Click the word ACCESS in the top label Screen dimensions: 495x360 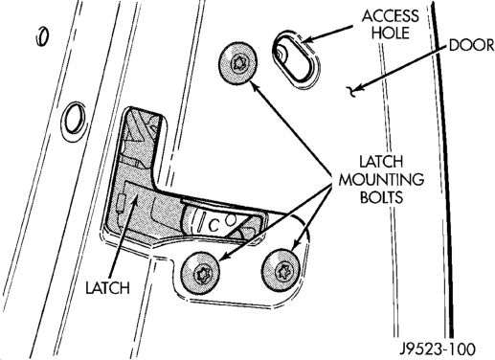click(x=390, y=16)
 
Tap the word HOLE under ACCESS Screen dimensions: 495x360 click(x=391, y=33)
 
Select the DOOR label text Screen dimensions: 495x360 click(x=472, y=45)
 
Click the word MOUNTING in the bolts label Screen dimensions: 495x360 click(x=381, y=180)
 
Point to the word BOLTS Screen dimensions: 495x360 click(x=382, y=197)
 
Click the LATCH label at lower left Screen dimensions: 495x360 click(x=107, y=288)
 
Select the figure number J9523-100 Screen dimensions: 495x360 click(x=439, y=349)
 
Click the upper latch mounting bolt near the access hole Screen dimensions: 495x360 click(x=238, y=63)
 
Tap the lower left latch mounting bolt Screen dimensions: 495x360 click(x=200, y=273)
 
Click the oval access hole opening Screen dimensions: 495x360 click(x=296, y=59)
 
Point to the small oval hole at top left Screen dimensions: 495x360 click(x=41, y=36)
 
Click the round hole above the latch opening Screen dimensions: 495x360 click(x=74, y=119)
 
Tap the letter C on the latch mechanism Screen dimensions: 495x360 click(x=213, y=226)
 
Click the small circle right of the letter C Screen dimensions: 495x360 click(x=231, y=219)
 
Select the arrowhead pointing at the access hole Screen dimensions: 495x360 click(x=305, y=40)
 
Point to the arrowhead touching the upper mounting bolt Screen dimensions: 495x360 click(x=253, y=85)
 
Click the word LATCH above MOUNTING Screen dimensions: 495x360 click(x=382, y=162)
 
